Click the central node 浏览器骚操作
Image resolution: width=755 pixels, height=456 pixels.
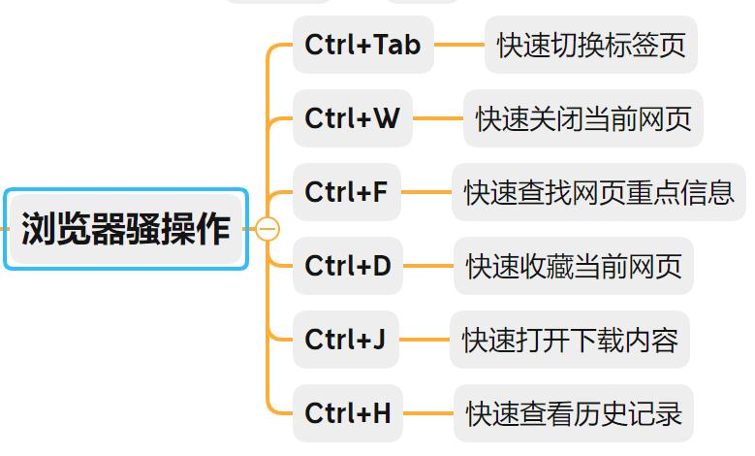pos(126,229)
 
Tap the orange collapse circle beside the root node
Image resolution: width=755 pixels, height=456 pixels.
pos(267,229)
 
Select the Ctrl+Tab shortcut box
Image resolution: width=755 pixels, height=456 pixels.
pos(362,45)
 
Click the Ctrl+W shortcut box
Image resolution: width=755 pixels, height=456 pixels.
pos(352,118)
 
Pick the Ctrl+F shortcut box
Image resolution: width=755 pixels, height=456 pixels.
pos(346,192)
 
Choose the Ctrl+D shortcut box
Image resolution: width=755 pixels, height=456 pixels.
pos(348,265)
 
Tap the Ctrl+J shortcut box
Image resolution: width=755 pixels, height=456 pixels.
pos(345,340)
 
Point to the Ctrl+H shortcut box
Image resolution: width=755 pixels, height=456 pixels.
pos(348,413)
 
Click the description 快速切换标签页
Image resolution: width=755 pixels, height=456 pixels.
pos(591,46)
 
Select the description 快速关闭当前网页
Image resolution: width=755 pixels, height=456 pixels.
pos(583,118)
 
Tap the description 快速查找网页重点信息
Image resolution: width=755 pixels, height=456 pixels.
pos(599,192)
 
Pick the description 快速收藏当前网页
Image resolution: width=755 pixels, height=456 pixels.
pos(574,265)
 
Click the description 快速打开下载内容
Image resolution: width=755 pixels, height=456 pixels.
pos(570,340)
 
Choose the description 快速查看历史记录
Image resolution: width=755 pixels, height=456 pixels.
pos(574,413)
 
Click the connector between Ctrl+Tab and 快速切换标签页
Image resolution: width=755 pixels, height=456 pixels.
pos(458,45)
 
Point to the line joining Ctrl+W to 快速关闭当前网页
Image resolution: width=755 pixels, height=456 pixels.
pos(437,118)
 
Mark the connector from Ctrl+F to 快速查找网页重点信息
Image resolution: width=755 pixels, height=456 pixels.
pos(426,192)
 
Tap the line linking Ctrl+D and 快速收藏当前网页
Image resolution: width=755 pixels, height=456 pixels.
pos(427,265)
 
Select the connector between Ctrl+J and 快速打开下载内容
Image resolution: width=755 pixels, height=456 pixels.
pos(425,340)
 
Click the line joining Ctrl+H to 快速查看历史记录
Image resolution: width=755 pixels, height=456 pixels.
pos(427,413)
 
